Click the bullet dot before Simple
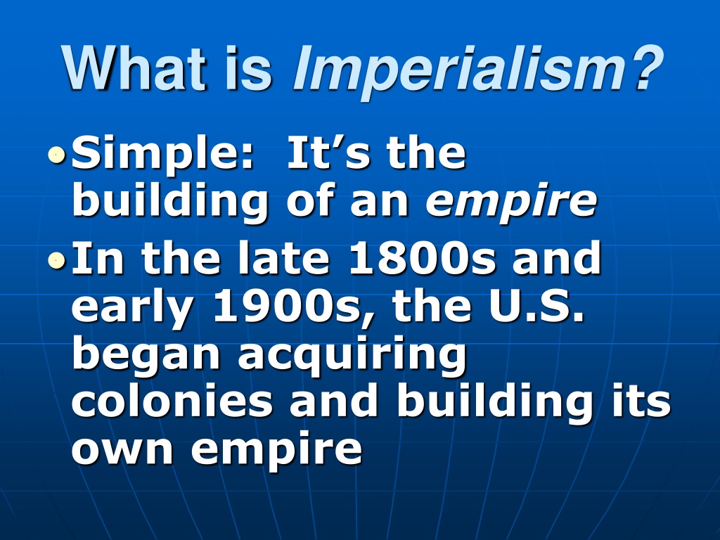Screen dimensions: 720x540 pyautogui.click(x=56, y=155)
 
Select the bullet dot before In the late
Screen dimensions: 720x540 pyautogui.click(x=56, y=260)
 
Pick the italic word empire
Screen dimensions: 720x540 pyautogui.click(x=510, y=202)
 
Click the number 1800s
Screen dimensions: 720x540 pyautogui.click(x=423, y=258)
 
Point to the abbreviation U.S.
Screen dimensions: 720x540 pyautogui.click(x=536, y=307)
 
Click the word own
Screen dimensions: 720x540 pyautogui.click(x=122, y=449)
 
